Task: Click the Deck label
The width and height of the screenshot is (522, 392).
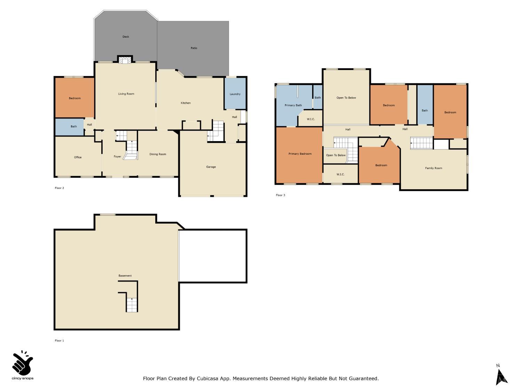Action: (x=126, y=37)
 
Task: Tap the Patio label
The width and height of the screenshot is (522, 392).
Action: (x=194, y=48)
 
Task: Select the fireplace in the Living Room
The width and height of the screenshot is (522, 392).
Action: (x=125, y=61)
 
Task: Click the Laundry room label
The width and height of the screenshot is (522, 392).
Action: (x=235, y=94)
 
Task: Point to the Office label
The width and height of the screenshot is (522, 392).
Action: (x=78, y=157)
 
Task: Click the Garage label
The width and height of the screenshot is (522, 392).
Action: (x=211, y=167)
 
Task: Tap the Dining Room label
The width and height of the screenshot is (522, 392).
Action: (x=158, y=154)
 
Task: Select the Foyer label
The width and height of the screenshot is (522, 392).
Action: (x=117, y=156)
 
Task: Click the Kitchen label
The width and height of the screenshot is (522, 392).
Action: (x=185, y=103)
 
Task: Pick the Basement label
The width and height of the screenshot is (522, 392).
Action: (x=125, y=276)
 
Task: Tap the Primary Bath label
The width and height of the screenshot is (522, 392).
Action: (x=293, y=105)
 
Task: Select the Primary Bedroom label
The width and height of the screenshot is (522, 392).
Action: (x=300, y=154)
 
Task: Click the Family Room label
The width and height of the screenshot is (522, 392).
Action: (x=433, y=168)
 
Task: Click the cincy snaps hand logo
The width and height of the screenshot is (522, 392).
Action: (x=22, y=363)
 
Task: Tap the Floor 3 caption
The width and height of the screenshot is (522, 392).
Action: (x=280, y=195)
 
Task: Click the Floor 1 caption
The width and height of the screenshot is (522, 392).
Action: (x=59, y=340)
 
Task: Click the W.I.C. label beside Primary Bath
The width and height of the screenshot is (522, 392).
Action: (x=310, y=119)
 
